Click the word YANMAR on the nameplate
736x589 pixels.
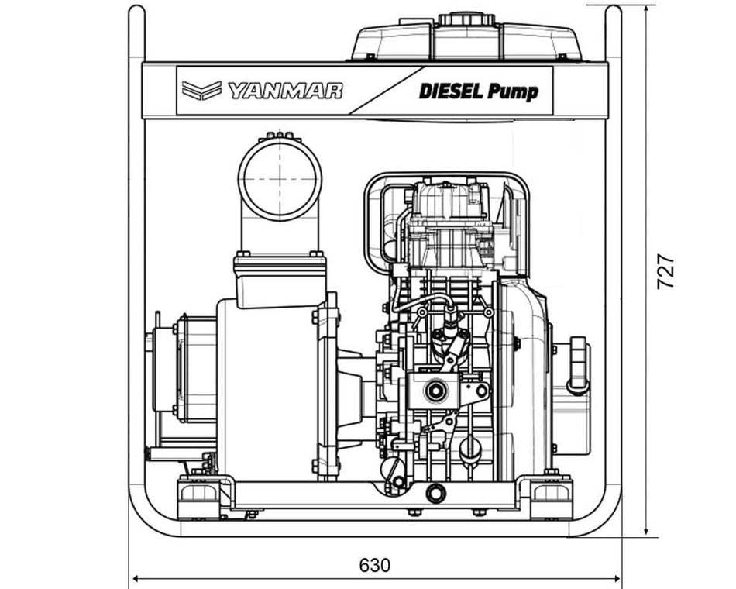click(284, 91)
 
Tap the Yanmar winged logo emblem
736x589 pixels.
click(201, 90)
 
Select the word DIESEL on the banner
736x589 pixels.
click(452, 91)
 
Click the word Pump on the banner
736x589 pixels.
click(513, 91)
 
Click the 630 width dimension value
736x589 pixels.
click(374, 564)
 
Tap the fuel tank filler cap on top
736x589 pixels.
click(467, 19)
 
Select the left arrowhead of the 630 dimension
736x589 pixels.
click(135, 578)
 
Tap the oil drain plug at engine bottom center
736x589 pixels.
click(436, 492)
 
